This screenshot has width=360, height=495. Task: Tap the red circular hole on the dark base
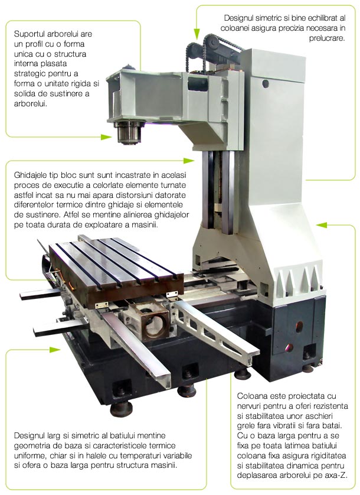[x=298, y=324]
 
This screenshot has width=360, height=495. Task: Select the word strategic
[x=30, y=73]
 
